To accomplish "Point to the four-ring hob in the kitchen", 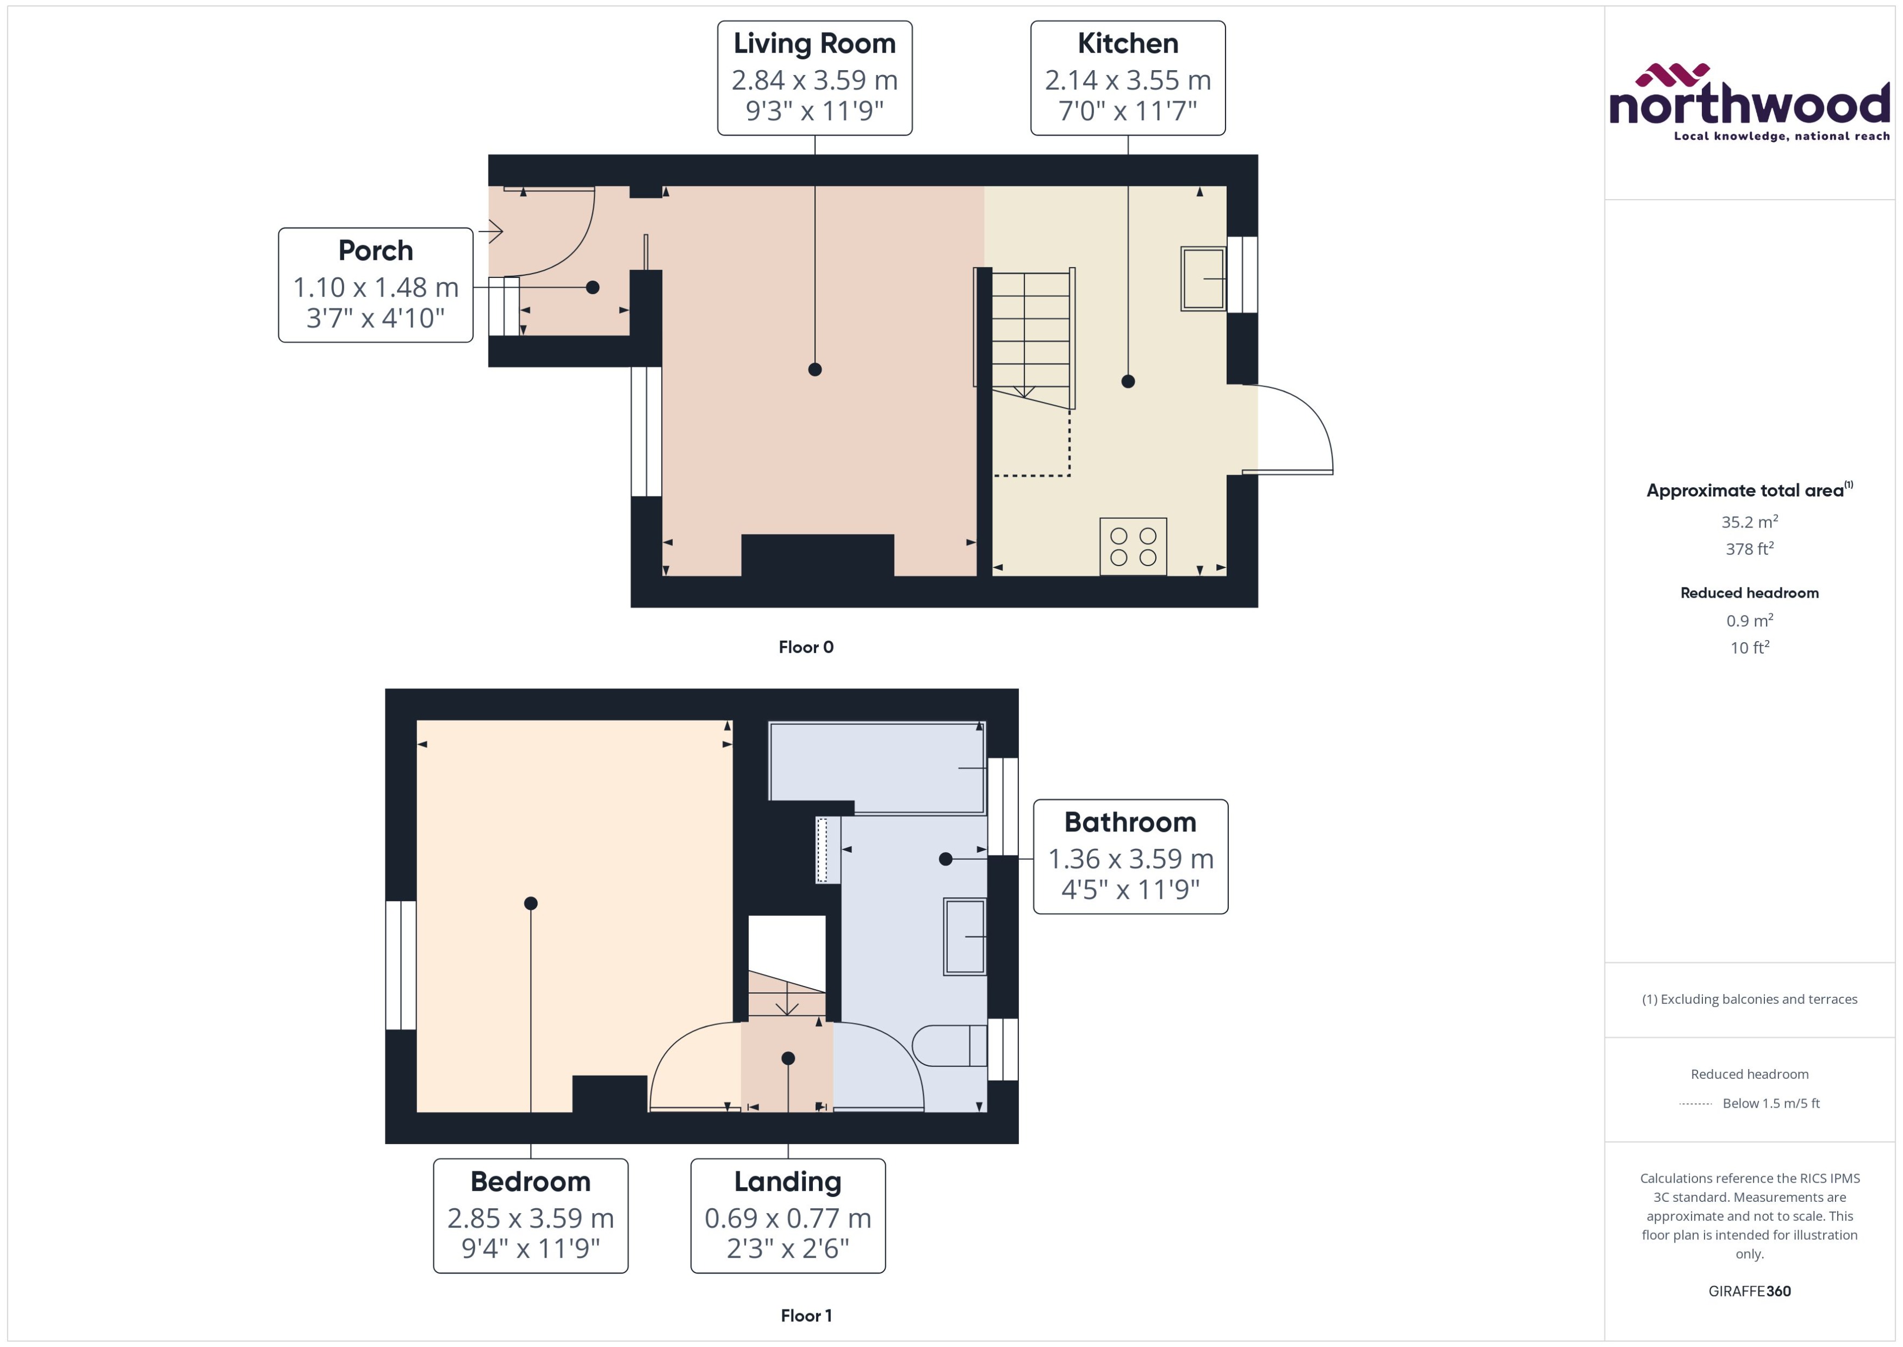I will (1133, 547).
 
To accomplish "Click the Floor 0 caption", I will (805, 647).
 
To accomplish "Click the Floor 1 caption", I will (805, 1315).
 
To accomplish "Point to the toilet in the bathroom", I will (949, 1046).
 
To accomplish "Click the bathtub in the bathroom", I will (878, 767).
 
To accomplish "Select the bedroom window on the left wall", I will (401, 965).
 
